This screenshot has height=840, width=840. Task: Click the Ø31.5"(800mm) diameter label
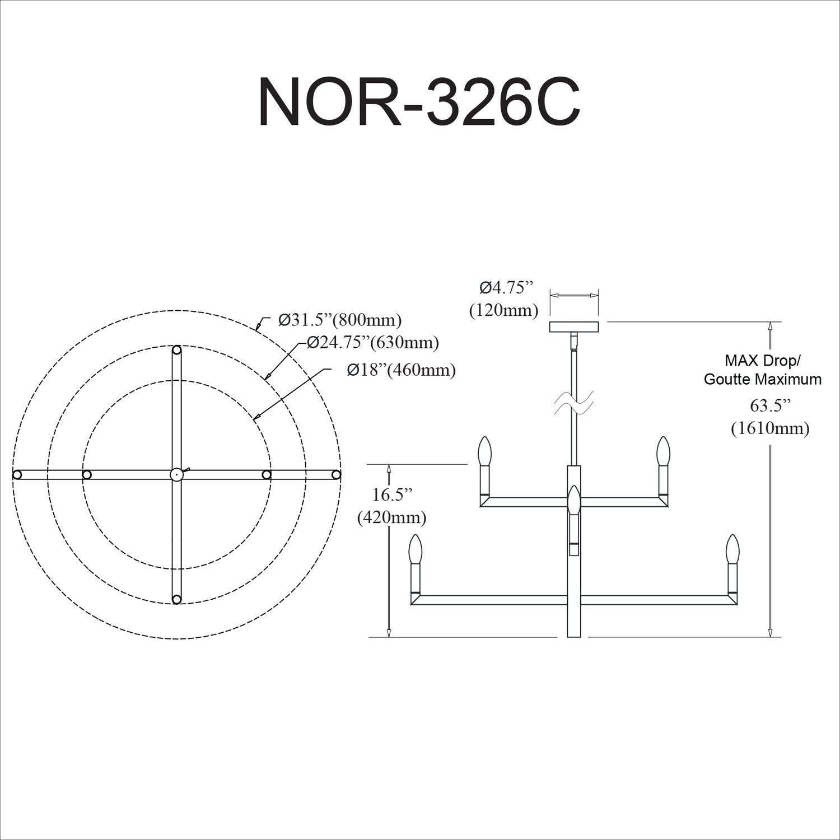pos(340,320)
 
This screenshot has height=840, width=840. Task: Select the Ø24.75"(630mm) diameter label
pos(373,342)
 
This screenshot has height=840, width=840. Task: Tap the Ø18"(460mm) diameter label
pos(401,370)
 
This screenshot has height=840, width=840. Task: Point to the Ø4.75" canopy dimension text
pos(504,288)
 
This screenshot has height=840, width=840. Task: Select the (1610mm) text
pos(770,428)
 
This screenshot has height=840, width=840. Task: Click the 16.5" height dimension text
pos(392,494)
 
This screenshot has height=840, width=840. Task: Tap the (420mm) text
pos(392,518)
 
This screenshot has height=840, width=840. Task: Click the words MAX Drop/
pos(763,360)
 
